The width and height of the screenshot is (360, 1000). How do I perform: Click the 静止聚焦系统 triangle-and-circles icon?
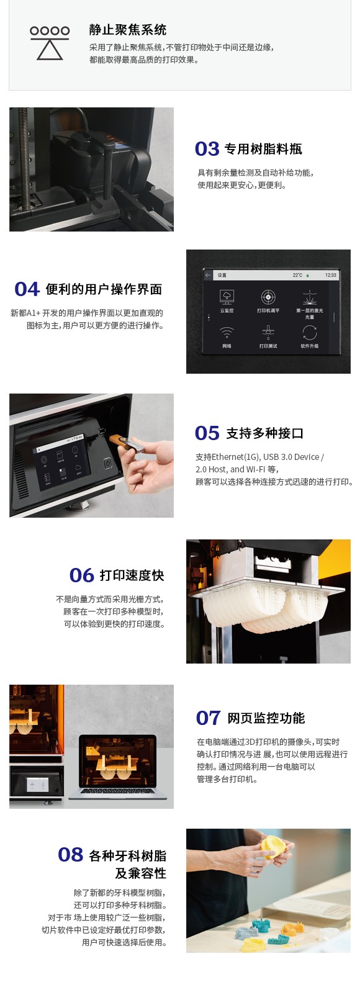point(50,42)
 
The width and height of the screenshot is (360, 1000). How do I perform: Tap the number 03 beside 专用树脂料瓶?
point(207,149)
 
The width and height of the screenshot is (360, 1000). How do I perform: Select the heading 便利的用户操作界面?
point(104,289)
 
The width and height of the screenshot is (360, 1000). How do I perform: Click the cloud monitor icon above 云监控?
point(227,297)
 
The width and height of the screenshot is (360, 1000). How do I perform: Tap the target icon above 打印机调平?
point(268,297)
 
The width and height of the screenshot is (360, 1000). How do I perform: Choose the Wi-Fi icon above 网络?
point(227,333)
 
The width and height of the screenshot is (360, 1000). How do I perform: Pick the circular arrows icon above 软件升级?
point(310,333)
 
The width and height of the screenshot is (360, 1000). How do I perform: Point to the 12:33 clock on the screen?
point(331,275)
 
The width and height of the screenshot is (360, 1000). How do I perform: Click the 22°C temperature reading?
point(297,275)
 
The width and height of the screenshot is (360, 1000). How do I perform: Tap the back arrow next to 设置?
point(208,275)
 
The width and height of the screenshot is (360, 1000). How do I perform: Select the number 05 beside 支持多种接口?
point(207,433)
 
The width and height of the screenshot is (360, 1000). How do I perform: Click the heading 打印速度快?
point(132,575)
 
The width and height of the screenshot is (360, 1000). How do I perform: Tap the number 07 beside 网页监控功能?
point(208,718)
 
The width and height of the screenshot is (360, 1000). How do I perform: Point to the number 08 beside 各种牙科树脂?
point(70,855)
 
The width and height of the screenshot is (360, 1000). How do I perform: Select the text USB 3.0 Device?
point(291,457)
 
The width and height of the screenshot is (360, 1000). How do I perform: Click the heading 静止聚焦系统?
point(127,30)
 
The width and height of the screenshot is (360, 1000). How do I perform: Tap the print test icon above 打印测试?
point(268,333)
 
